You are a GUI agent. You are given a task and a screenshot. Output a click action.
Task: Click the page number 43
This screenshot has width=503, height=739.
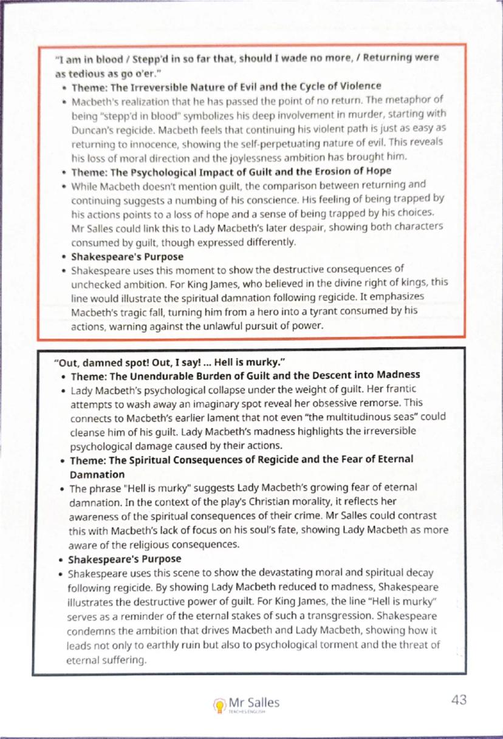click(459, 700)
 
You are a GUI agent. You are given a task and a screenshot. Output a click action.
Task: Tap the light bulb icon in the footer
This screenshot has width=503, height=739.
click(219, 704)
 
